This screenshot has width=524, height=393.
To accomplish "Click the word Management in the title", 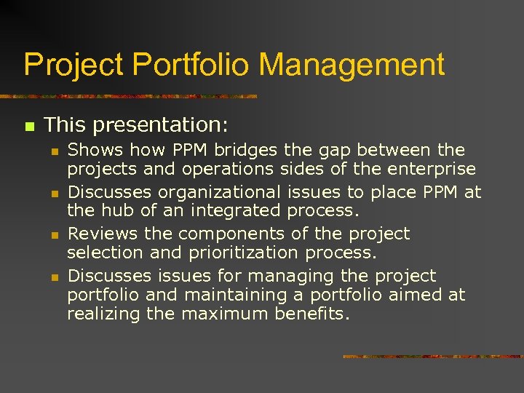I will click(352, 65).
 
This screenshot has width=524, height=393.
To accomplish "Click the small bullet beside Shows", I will click(54, 151).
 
